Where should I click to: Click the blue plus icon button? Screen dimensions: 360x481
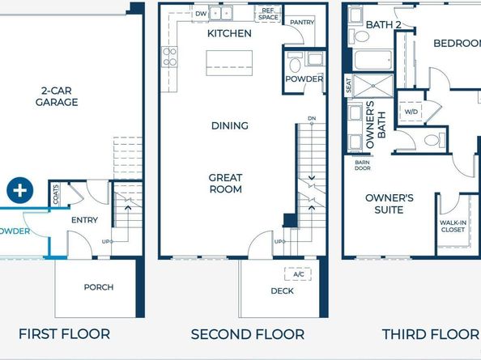coord(19,191)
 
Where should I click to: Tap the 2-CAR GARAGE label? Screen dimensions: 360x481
coord(56,96)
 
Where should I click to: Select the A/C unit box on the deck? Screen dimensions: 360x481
coord(298,274)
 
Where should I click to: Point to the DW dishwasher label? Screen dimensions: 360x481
coord(201,13)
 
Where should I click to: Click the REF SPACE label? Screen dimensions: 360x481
coord(268,14)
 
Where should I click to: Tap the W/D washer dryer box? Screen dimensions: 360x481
coord(411,112)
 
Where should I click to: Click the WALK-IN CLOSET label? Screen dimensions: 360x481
coord(452,226)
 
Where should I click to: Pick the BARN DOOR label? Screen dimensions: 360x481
coord(362,165)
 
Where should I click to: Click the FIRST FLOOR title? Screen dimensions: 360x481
coord(64,333)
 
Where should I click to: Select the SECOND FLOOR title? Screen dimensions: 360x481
coord(247,333)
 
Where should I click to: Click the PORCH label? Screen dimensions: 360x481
coord(99,287)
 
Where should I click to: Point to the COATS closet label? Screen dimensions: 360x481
coord(56,195)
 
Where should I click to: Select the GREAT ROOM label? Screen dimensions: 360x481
coord(225,183)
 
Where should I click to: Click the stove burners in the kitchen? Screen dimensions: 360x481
coord(170,56)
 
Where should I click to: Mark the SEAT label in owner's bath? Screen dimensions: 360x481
coord(349,85)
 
